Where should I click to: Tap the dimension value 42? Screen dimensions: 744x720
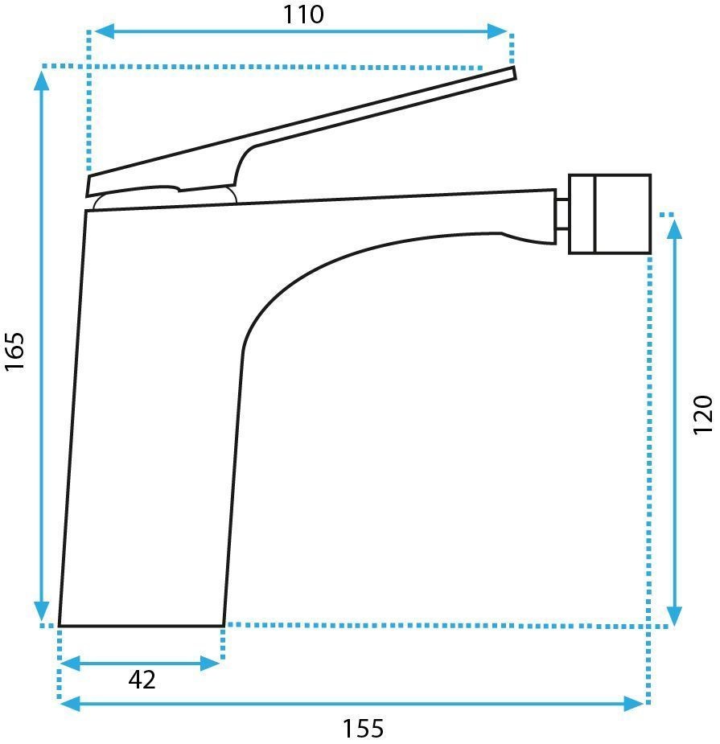(142, 680)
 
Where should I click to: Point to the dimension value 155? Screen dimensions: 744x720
(363, 729)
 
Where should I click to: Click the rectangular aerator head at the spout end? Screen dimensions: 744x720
(609, 214)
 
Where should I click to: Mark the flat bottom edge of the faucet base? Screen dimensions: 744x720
(141, 625)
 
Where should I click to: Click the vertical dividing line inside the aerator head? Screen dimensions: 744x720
(594, 214)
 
